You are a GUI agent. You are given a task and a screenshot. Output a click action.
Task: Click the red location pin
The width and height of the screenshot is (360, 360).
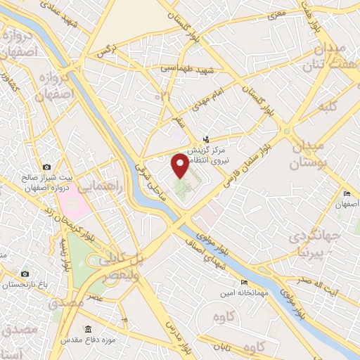point(180,166)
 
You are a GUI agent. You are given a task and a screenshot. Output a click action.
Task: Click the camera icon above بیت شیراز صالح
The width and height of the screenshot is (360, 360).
point(47,167)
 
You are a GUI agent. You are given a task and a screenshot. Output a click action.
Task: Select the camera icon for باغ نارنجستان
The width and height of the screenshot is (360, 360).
point(25,274)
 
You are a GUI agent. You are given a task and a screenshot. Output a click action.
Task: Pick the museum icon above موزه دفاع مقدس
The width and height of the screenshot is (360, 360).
point(87,329)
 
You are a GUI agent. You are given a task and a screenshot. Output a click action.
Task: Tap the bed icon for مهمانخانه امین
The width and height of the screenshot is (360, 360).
point(244,282)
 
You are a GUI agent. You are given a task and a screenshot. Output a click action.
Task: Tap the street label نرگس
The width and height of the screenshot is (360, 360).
point(106,49)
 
